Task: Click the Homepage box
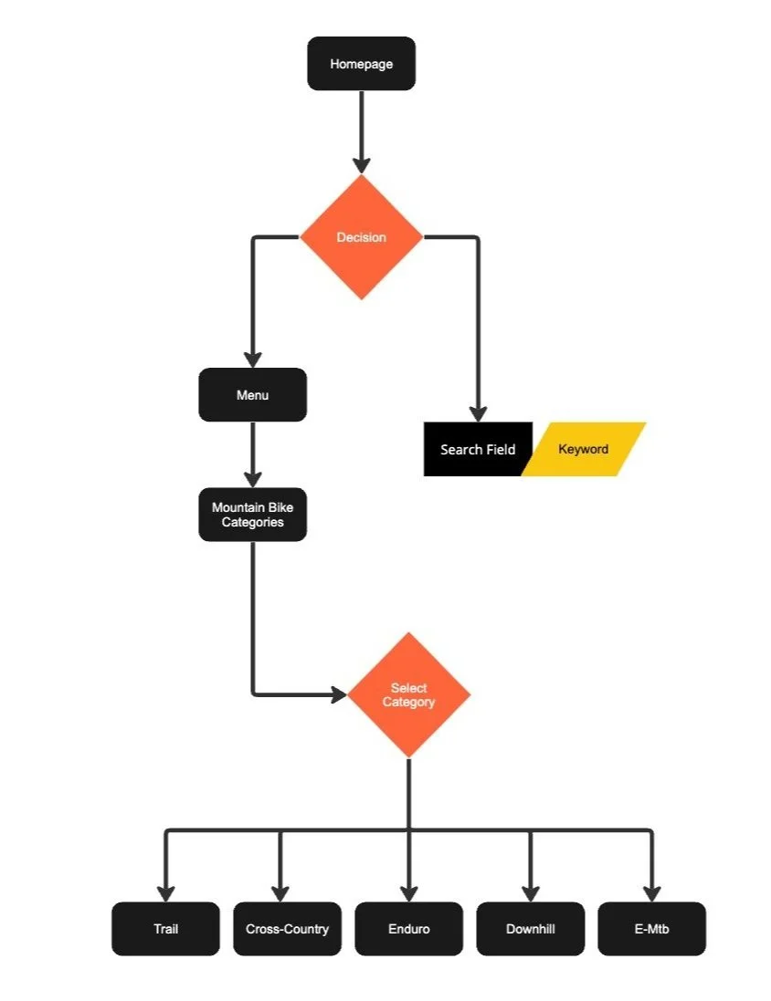click(361, 64)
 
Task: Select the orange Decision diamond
click(362, 237)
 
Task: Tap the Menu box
click(252, 395)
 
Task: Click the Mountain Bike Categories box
click(252, 515)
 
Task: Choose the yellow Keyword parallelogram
click(585, 449)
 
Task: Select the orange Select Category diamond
click(408, 694)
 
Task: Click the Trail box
click(165, 929)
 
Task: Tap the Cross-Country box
click(287, 929)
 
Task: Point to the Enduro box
click(408, 929)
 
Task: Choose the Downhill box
click(531, 929)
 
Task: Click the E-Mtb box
click(651, 929)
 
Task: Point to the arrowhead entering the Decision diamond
click(362, 165)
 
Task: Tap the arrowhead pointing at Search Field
click(478, 412)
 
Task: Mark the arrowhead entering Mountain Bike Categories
click(253, 479)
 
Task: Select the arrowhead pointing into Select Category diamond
click(339, 694)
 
